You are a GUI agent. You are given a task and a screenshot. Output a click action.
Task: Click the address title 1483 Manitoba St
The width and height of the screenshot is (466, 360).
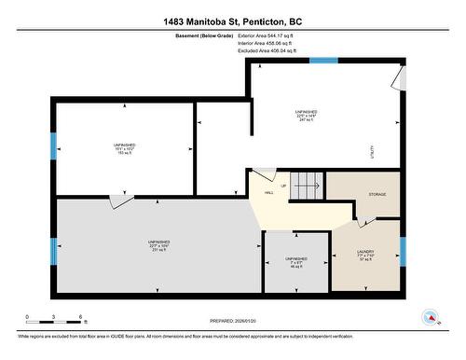pos(232,20)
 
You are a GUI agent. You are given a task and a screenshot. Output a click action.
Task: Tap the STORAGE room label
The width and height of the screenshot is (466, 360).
pos(377,195)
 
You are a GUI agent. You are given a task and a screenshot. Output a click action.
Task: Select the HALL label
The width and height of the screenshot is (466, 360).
pos(268,193)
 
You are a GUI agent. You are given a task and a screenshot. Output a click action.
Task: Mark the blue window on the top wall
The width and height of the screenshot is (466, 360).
pos(322,61)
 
